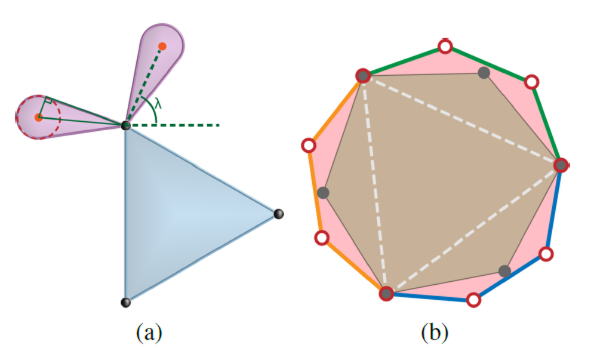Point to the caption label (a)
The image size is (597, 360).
149,331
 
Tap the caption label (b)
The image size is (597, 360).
435,331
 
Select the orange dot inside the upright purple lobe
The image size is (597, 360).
162,45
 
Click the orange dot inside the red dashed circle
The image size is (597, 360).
38,118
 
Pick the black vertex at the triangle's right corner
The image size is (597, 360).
278,214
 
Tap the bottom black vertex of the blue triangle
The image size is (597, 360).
125,302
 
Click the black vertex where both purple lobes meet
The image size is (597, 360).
125,125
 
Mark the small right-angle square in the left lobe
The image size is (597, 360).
49,101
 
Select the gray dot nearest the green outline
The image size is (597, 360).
484,73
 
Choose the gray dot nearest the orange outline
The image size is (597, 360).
323,192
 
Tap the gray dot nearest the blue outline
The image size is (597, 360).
504,271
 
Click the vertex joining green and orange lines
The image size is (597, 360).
362,76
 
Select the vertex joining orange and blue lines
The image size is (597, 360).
386,293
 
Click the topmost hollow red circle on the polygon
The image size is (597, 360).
445,46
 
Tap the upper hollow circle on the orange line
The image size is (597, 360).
309,145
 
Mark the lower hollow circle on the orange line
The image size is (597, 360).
322,238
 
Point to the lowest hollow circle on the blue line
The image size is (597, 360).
473,300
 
